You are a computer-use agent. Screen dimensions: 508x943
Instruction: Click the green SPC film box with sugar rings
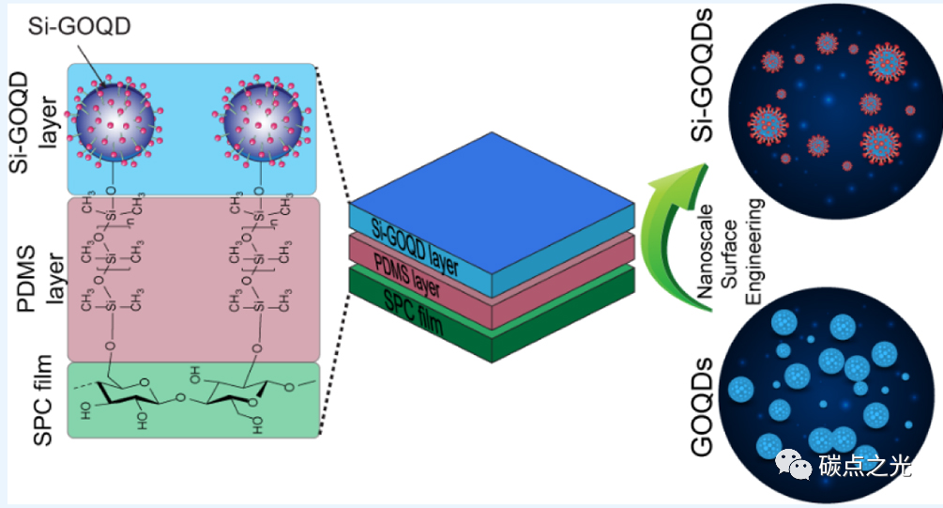point(193,400)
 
